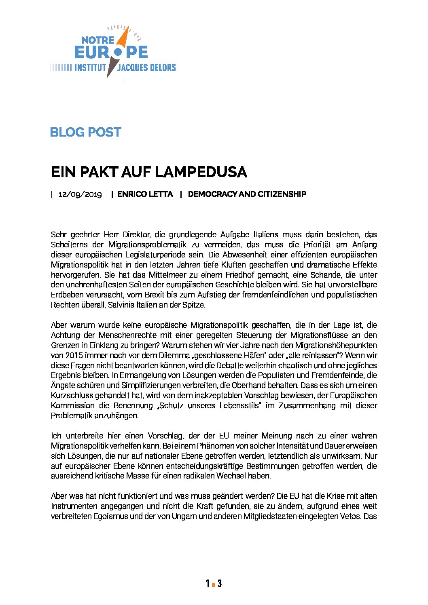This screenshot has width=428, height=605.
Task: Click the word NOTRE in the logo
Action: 98,40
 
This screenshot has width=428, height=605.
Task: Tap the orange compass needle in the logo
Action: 124,39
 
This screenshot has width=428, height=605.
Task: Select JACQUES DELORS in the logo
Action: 146,67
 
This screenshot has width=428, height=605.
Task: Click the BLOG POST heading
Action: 85,132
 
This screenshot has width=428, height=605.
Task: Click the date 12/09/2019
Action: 80,194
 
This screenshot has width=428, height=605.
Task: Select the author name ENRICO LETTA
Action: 145,194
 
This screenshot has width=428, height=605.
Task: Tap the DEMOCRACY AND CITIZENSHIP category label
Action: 247,194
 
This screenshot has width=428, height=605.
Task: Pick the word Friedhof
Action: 232,275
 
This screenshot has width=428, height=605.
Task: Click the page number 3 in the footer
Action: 219,583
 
